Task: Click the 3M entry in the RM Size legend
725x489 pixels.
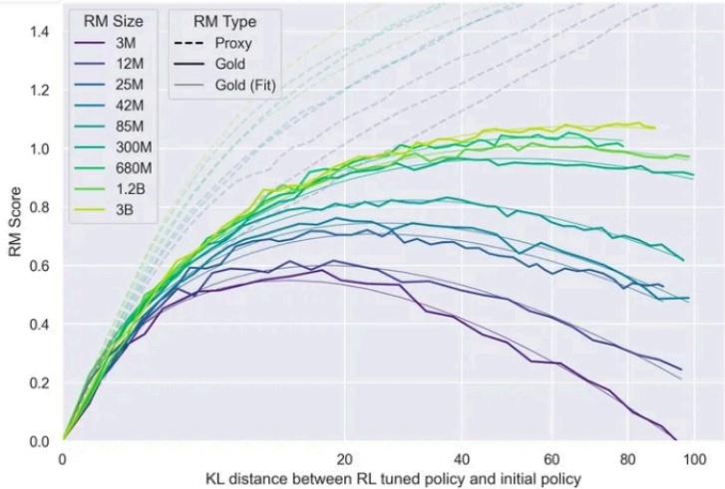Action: pyautogui.click(x=126, y=43)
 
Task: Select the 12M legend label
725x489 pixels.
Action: pyautogui.click(x=129, y=64)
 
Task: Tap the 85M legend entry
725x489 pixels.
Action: pyautogui.click(x=129, y=126)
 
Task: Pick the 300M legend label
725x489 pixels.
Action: pyautogui.click(x=134, y=147)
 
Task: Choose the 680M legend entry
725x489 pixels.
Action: pyautogui.click(x=134, y=168)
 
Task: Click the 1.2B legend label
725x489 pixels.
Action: pyautogui.click(x=130, y=189)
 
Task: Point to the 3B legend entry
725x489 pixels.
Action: pyautogui.click(x=124, y=210)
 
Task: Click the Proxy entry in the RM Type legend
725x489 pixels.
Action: pyautogui.click(x=233, y=44)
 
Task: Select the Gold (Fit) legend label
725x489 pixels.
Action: pyautogui.click(x=245, y=86)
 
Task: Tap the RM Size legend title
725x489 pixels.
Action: pyautogui.click(x=114, y=21)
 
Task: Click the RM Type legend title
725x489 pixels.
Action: pyautogui.click(x=224, y=22)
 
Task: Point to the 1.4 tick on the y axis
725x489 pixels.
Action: pyautogui.click(x=39, y=32)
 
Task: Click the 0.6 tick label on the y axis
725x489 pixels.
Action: pyautogui.click(x=39, y=266)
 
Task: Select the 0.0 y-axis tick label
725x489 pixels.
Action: pyautogui.click(x=39, y=441)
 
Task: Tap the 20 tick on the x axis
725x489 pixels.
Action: pyautogui.click(x=344, y=460)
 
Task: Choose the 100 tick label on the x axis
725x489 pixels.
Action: pyautogui.click(x=694, y=460)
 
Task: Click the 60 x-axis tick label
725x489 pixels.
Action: pyautogui.click(x=552, y=460)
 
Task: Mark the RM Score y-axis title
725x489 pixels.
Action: pyautogui.click(x=15, y=222)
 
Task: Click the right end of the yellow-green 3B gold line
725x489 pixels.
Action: pyautogui.click(x=655, y=127)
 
